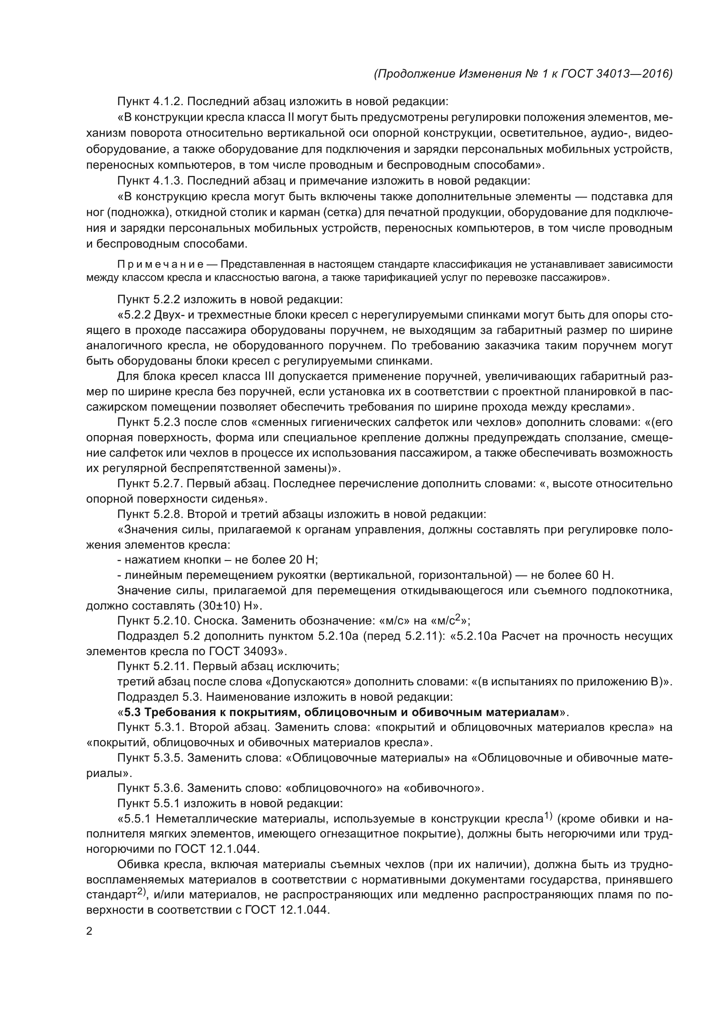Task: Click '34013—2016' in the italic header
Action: coord(634,74)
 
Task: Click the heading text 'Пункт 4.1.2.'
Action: coord(150,102)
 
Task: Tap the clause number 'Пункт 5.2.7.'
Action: coord(150,484)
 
